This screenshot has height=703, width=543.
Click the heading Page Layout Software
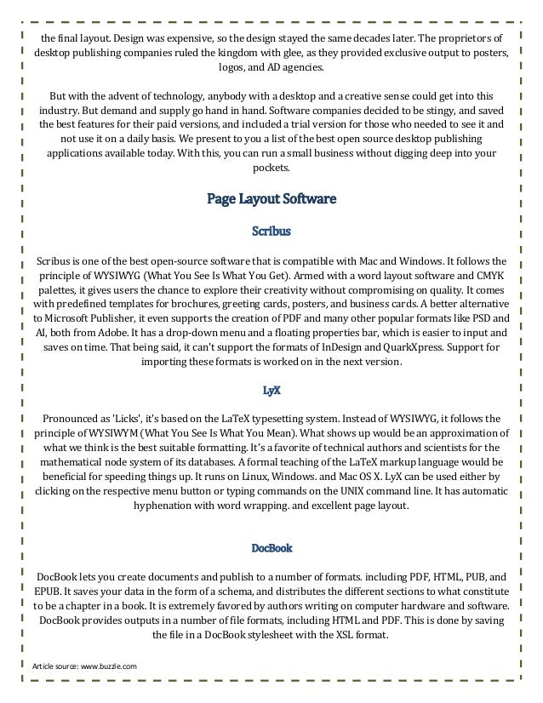(271, 200)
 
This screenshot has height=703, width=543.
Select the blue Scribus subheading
(271, 231)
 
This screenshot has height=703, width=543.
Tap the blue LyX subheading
(271, 391)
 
